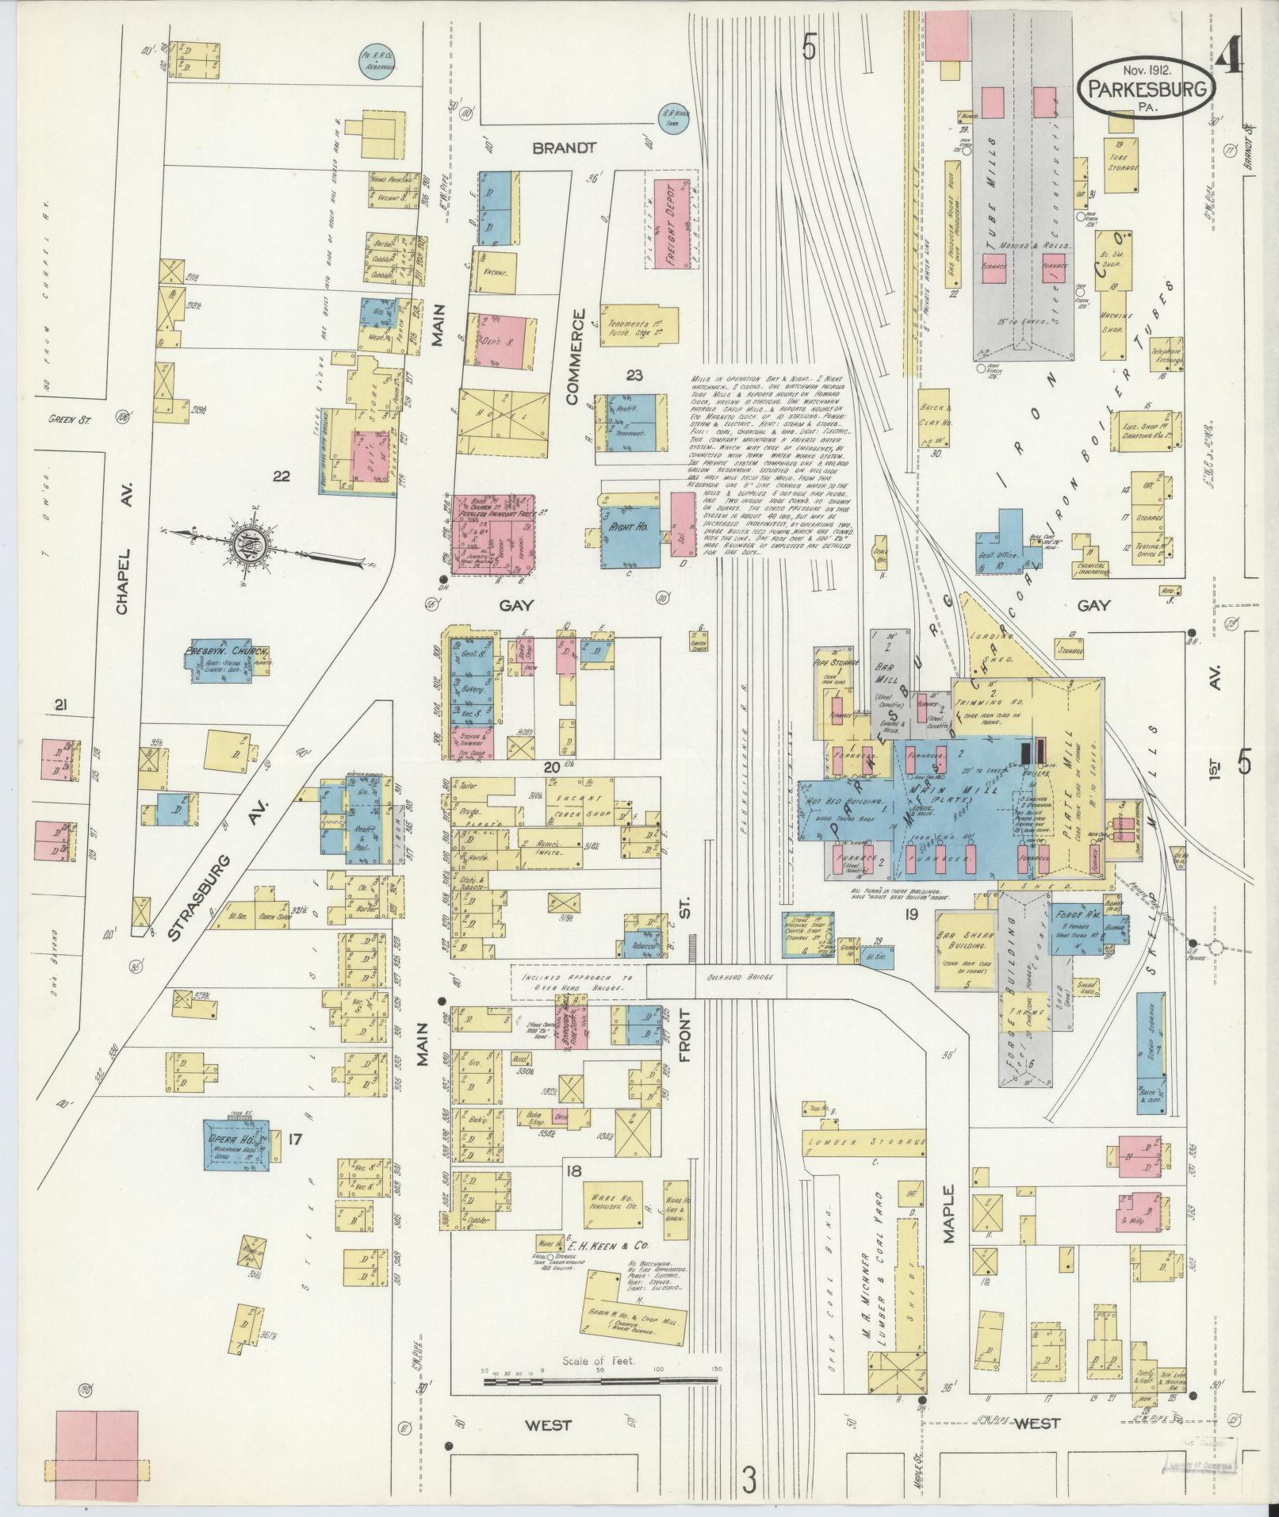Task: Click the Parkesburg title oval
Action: pos(1146,89)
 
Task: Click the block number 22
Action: pos(281,477)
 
